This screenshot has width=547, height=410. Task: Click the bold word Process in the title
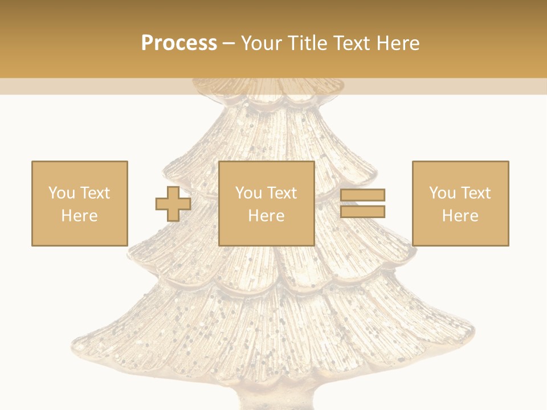[x=179, y=43]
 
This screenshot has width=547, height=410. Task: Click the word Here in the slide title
[x=399, y=43]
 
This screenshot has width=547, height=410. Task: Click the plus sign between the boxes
[x=173, y=204]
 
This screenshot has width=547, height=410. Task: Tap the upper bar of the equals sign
[x=362, y=195]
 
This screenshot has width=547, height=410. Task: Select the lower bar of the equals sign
[x=362, y=212]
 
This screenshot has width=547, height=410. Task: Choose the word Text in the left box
[x=95, y=193]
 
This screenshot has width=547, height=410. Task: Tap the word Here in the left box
[x=79, y=216]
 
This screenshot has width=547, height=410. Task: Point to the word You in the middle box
[x=249, y=193]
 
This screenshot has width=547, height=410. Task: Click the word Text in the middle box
[x=281, y=193]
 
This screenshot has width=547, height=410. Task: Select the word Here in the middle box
[x=266, y=216]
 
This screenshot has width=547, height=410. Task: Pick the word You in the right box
[x=443, y=193]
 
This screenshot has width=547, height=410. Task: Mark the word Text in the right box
[x=475, y=193]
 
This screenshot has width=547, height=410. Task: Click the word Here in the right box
[x=460, y=216]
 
